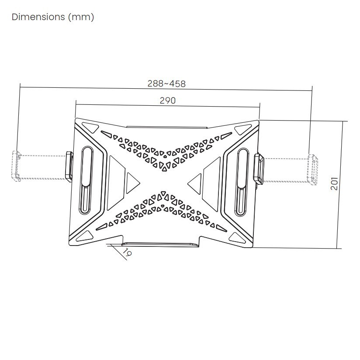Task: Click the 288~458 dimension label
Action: coord(166,83)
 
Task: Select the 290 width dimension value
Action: coord(168,100)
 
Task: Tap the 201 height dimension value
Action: coord(334,183)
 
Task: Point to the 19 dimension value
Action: coord(127,253)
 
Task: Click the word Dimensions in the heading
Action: coord(38,17)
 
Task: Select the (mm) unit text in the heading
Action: coord(81,17)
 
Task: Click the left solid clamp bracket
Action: coord(69,166)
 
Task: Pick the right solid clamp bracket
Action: coord(259,169)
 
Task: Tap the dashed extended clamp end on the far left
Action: coord(16,166)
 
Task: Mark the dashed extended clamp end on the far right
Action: coord(313,170)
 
